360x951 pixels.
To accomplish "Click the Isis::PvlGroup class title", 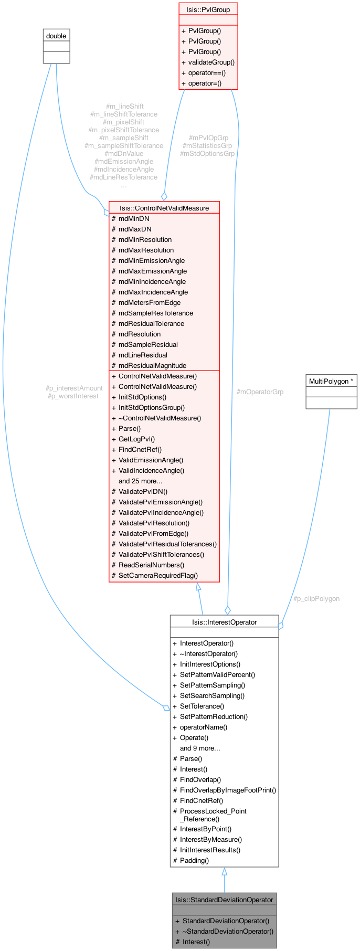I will pyautogui.click(x=208, y=9).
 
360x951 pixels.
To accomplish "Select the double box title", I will pyautogui.click(x=56, y=36).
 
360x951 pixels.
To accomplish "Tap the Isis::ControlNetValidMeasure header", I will pyautogui.click(x=164, y=208).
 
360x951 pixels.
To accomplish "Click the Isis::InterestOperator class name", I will pyautogui.click(x=224, y=622).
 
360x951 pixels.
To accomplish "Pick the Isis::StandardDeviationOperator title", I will pyautogui.click(x=224, y=900).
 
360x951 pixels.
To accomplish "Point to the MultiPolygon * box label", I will pyautogui.click(x=331, y=381).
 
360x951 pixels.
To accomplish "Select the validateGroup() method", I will pyautogui.click(x=211, y=62).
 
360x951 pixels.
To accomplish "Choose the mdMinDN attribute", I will pyautogui.click(x=134, y=218).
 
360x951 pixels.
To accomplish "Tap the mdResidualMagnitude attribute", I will pyautogui.click(x=152, y=365).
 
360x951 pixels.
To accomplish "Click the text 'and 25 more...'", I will pyautogui.click(x=140, y=481).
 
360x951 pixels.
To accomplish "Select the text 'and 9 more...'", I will pyautogui.click(x=200, y=748).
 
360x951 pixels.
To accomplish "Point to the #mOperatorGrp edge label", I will pyautogui.click(x=260, y=392).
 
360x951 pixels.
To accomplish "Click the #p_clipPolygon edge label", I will pyautogui.click(x=316, y=598).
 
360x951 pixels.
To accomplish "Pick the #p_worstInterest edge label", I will pyautogui.click(x=73, y=396).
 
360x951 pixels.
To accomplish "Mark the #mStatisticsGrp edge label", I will pyautogui.click(x=207, y=145).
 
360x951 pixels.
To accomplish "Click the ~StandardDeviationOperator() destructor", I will pyautogui.click(x=228, y=931).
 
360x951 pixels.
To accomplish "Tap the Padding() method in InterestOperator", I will pyautogui.click(x=194, y=860).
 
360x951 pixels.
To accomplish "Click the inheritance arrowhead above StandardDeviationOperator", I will pyautogui.click(x=225, y=872).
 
